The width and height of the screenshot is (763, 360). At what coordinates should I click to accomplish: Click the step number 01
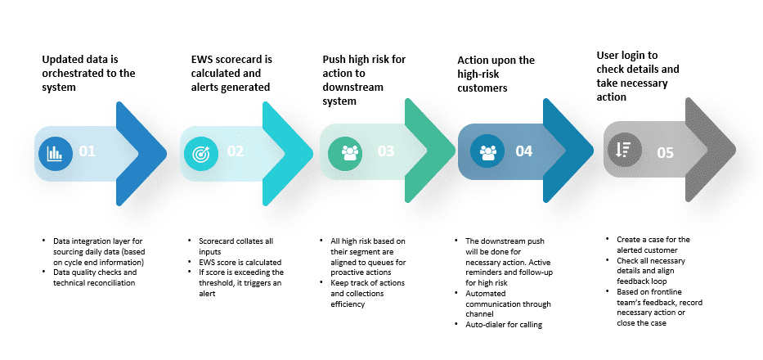(88, 152)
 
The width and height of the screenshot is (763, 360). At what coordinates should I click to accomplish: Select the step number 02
(236, 151)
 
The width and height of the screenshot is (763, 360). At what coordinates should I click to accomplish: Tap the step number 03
(386, 151)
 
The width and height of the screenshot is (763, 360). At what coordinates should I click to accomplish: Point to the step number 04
(524, 151)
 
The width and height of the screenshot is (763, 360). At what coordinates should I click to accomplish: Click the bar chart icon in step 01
(55, 152)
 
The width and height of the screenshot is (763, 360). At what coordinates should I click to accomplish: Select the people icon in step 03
(350, 151)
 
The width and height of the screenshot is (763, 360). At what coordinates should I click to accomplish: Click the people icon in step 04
(489, 151)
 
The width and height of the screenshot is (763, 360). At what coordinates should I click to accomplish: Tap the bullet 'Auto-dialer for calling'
(502, 325)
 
